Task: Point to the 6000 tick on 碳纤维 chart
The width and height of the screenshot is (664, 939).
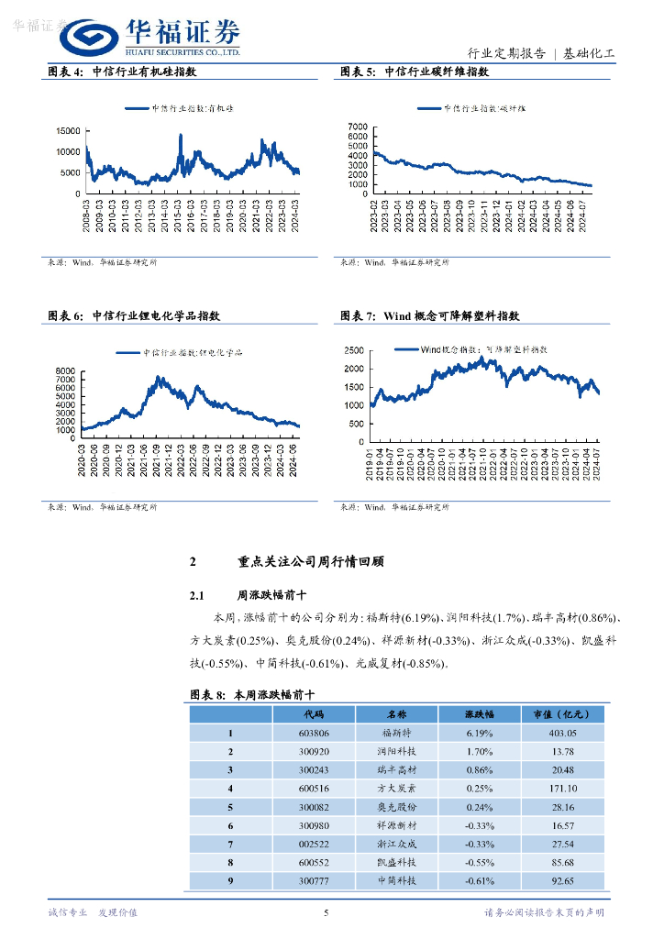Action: click(x=358, y=137)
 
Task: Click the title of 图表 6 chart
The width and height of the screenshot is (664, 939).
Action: click(x=134, y=315)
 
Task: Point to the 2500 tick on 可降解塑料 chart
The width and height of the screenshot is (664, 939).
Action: click(x=353, y=350)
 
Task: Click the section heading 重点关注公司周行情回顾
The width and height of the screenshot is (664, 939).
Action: click(x=310, y=562)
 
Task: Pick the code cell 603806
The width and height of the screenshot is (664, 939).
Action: click(x=314, y=734)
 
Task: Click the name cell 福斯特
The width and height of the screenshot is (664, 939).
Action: click(x=397, y=734)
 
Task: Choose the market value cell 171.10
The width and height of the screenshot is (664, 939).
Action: click(x=559, y=789)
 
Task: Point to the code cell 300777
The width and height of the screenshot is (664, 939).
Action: click(x=314, y=880)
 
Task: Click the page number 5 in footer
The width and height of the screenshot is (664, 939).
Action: click(x=326, y=912)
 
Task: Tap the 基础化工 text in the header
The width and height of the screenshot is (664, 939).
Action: click(x=589, y=53)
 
